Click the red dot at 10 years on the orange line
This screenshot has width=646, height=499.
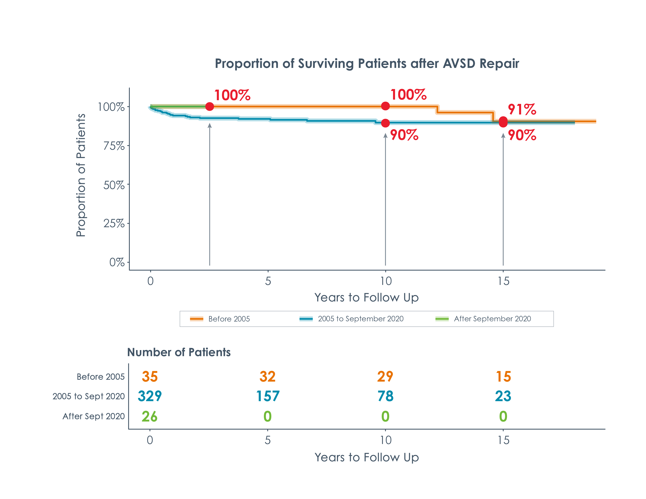tap(385, 106)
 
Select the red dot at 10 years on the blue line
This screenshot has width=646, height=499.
tap(385, 123)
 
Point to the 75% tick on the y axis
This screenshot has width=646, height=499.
tap(114, 146)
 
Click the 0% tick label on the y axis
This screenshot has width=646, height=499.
tap(117, 262)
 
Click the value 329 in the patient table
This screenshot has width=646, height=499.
tap(150, 396)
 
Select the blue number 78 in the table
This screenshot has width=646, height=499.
tap(385, 396)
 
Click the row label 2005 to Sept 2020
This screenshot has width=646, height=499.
tap(88, 396)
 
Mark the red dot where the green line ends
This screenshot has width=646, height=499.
tap(209, 106)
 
